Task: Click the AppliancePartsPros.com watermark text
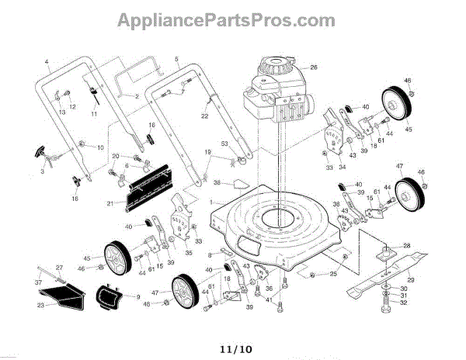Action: pos(232,18)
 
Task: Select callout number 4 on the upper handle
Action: pos(47,61)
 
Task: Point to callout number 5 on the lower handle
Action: pos(176,59)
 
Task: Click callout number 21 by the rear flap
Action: pos(110,204)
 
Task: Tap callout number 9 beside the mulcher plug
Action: pos(137,296)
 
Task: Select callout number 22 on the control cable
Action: pos(205,116)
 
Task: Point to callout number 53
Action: pos(224,144)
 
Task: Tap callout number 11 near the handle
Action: pos(94,113)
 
